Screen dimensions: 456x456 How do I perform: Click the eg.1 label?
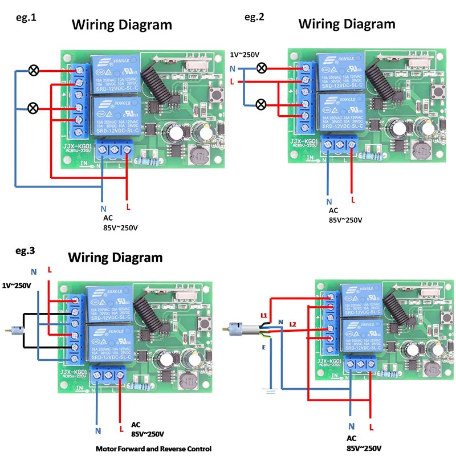pyautogui.click(x=26, y=18)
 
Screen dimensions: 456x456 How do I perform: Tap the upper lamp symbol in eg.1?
pyautogui.click(x=34, y=71)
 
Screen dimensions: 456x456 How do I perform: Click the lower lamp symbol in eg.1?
pyautogui.click(x=34, y=108)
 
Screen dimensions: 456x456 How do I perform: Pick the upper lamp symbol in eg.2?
pyautogui.click(x=262, y=68)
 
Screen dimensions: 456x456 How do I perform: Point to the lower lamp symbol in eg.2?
pyautogui.click(x=262, y=104)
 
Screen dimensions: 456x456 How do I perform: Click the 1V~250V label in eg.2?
pyautogui.click(x=245, y=54)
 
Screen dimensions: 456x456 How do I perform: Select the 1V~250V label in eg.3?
pyautogui.click(x=18, y=284)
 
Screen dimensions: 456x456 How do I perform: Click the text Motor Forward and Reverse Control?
pyautogui.click(x=153, y=449)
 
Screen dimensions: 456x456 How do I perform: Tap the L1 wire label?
pyautogui.click(x=263, y=315)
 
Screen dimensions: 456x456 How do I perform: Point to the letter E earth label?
pyautogui.click(x=263, y=347)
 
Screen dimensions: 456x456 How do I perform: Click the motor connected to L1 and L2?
pyautogui.click(x=236, y=328)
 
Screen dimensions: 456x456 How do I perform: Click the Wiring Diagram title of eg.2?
pyautogui.click(x=347, y=24)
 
